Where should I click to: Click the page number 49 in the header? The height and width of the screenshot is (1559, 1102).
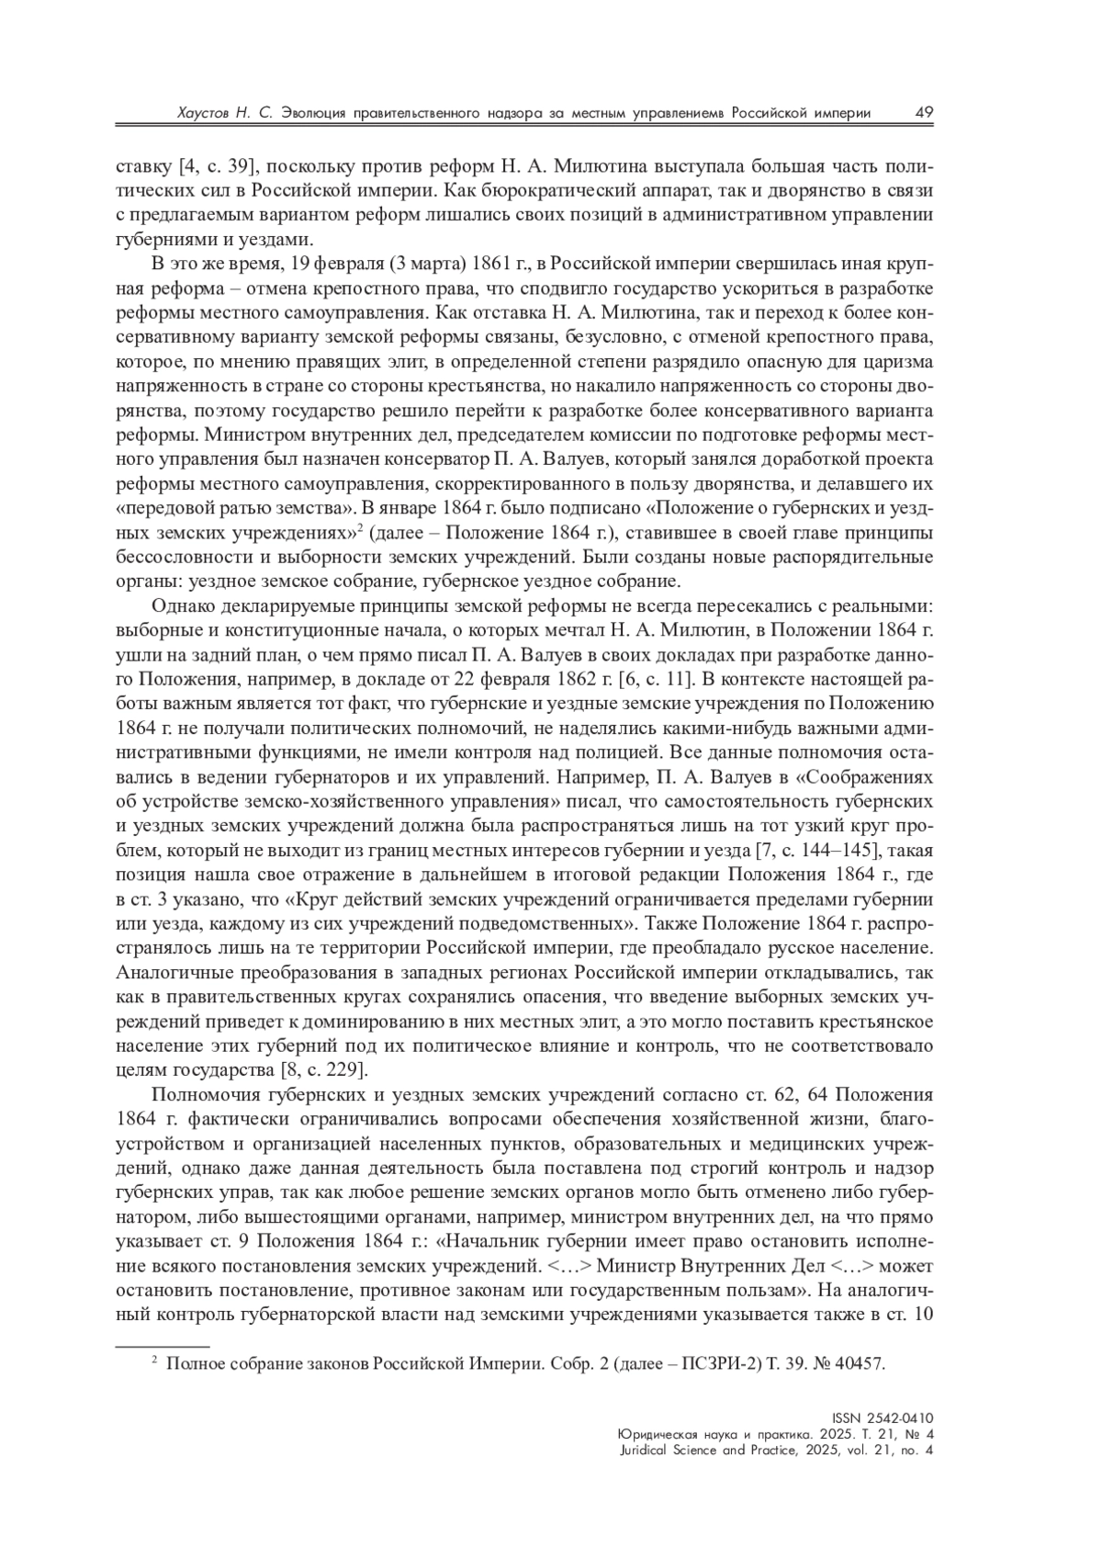tap(924, 112)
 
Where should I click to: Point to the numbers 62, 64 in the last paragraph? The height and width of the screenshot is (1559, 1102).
tap(789, 1094)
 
